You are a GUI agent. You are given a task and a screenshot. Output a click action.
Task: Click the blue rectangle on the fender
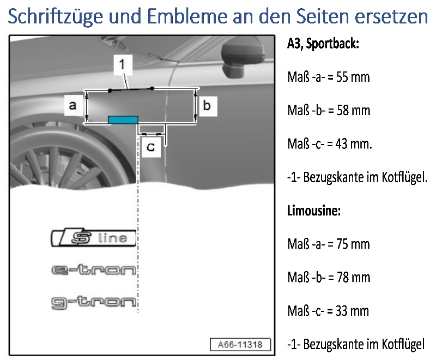coord(123,119)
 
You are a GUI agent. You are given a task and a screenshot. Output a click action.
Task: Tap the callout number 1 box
coord(123,64)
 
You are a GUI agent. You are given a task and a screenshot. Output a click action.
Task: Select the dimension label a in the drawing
coord(74,105)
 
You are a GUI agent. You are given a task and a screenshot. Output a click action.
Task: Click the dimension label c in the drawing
coord(152,147)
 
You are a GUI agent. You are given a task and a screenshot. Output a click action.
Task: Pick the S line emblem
coord(94,238)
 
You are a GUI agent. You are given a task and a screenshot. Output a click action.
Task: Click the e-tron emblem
coord(94,269)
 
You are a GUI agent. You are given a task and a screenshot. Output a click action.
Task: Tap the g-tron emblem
coord(94,302)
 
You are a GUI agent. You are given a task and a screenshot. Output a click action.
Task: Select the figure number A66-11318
coord(240,345)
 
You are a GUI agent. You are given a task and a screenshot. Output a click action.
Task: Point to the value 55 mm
coord(353,77)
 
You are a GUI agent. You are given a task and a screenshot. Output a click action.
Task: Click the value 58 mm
coord(353,110)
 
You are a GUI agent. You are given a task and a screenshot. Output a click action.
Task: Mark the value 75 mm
coord(353,244)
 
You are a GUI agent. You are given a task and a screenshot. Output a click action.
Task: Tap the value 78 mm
coord(353,278)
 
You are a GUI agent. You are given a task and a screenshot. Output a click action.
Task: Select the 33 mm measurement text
coord(352,311)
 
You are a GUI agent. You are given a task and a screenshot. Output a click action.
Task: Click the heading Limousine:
coord(314,211)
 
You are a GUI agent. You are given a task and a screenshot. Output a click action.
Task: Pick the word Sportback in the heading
coord(332,44)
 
